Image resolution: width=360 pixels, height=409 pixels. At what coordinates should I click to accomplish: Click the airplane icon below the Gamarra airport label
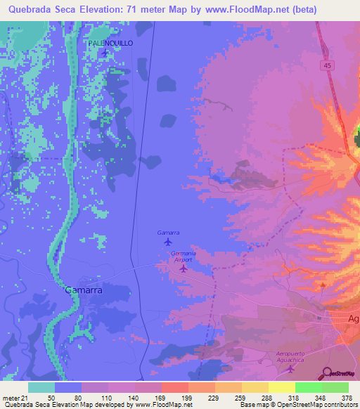coord(167,242)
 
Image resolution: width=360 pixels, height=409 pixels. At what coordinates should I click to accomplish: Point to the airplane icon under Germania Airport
coord(184,268)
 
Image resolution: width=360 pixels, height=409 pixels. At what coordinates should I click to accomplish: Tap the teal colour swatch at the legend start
coord(41,387)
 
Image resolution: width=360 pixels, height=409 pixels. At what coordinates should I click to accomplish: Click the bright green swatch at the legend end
coord(335,387)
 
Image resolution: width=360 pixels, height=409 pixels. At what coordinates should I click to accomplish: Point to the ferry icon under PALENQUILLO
coord(105,53)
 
